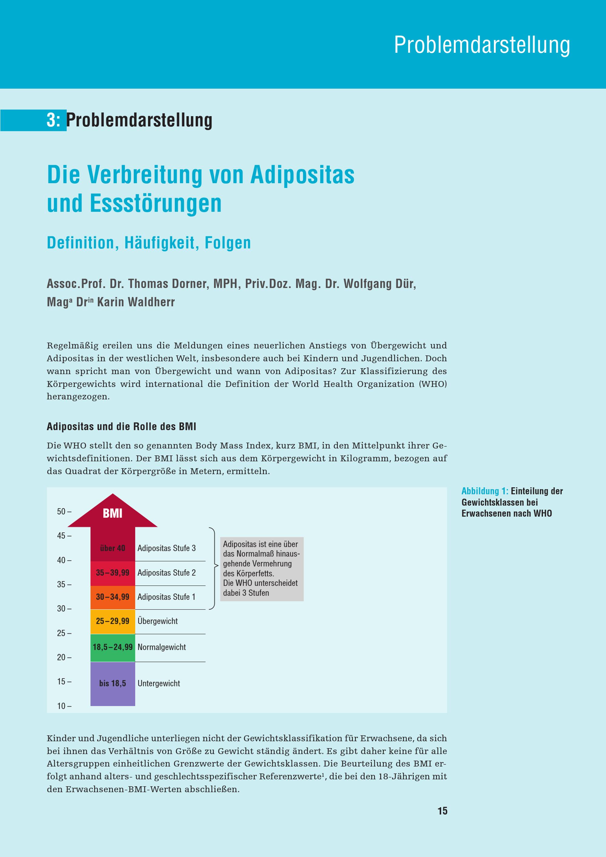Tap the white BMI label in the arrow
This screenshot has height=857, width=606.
112,514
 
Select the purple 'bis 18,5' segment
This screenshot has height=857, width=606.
112,683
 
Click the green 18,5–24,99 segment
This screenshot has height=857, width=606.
112,647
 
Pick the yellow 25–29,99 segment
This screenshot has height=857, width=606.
112,621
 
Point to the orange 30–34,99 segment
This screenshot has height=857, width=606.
112,597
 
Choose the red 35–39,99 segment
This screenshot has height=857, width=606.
112,572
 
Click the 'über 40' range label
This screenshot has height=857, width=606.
112,548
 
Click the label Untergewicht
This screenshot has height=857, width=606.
158,683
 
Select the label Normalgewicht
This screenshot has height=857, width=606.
161,647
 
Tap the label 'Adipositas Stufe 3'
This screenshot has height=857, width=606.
166,548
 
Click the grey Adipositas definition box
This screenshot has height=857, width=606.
261,569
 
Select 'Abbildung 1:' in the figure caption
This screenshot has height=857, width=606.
485,491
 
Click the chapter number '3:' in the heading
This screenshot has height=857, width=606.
53,120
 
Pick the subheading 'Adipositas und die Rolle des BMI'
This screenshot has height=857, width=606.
121,427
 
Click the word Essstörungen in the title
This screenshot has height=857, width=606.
156,203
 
